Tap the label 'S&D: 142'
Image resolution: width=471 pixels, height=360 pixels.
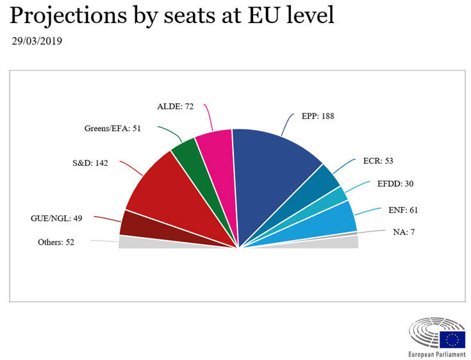[x=90, y=163]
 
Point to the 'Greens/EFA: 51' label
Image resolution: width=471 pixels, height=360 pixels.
[x=112, y=128]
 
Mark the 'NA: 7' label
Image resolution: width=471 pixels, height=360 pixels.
[x=404, y=231]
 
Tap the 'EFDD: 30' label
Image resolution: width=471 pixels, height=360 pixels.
[x=395, y=184]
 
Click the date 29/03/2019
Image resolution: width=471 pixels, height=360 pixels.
[x=37, y=42]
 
